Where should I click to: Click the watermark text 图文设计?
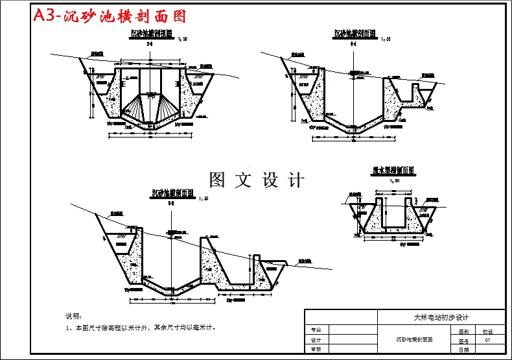point(257,180)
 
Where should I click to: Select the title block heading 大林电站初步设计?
point(441,317)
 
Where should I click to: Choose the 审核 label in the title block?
point(316,349)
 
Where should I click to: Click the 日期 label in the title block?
point(463,350)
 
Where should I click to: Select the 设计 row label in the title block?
point(316,340)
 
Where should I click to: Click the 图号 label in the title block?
point(463,340)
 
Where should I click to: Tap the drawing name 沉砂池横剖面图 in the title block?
point(415,339)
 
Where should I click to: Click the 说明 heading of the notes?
point(73,317)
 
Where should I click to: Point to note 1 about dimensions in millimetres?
point(140,328)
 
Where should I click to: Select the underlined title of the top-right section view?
point(355,34)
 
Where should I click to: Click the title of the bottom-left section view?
point(172,193)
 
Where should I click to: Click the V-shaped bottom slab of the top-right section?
point(353,125)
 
